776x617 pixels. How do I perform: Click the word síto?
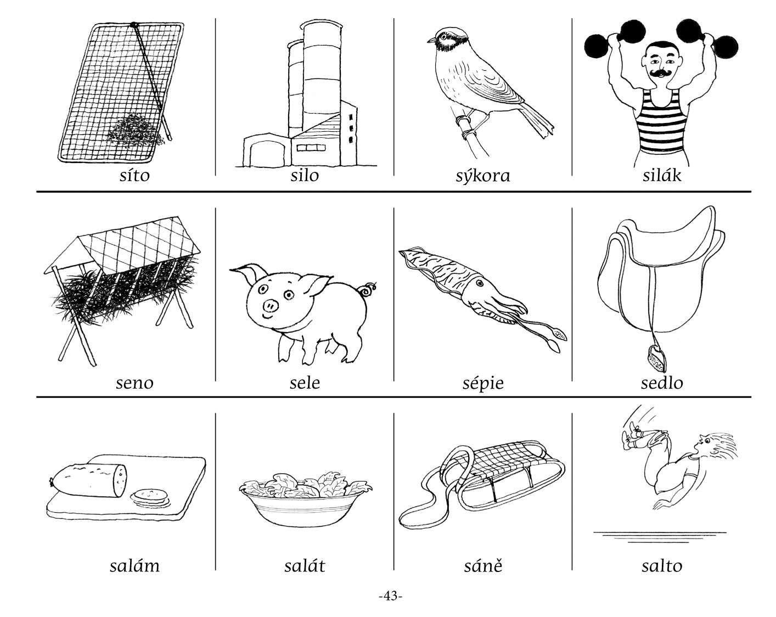(134, 175)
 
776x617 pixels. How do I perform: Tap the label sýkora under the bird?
(483, 176)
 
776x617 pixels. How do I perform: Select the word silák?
(662, 175)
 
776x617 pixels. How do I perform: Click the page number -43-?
(391, 596)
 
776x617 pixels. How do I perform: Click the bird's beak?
(432, 40)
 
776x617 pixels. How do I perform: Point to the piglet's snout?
(271, 306)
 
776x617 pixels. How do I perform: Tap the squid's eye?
(480, 283)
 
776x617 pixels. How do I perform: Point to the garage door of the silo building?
(267, 153)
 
